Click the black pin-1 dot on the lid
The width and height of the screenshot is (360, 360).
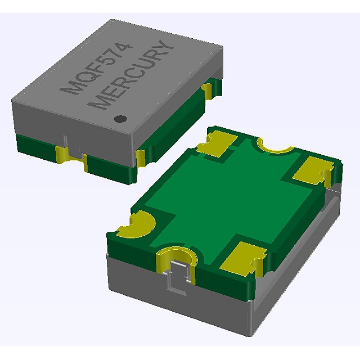[x=120, y=119]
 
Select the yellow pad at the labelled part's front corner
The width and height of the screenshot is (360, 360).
[x=142, y=157]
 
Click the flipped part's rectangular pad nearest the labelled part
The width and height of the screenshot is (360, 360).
[x=216, y=143]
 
